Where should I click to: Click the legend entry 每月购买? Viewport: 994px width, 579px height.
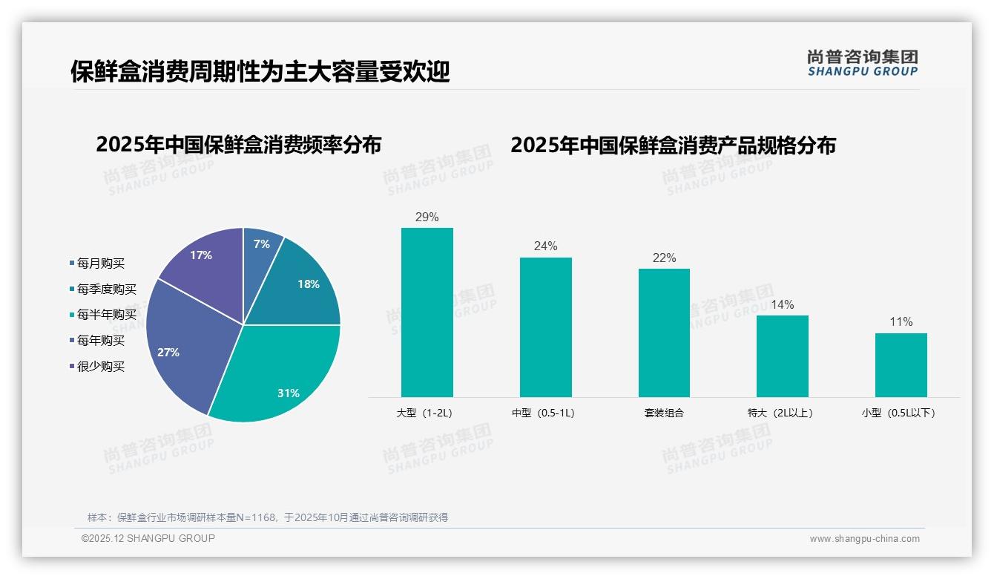[x=101, y=263]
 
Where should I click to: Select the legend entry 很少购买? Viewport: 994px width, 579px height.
[x=101, y=367]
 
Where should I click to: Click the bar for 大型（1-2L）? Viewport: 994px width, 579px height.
[x=427, y=312]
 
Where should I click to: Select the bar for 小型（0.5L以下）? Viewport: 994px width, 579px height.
[x=901, y=364]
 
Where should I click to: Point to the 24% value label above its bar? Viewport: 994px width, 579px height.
[x=545, y=246]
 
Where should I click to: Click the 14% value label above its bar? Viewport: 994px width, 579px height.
[x=782, y=304]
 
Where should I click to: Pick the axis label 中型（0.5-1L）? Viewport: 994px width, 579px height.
[x=544, y=413]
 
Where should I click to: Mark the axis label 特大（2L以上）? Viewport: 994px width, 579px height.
[x=781, y=413]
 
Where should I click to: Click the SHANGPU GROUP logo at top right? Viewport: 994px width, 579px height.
[x=863, y=63]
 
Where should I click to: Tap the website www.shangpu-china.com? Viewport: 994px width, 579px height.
[x=864, y=539]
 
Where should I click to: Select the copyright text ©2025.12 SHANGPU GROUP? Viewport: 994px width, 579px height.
[x=148, y=538]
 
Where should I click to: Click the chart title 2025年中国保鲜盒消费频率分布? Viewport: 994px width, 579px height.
[x=238, y=145]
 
